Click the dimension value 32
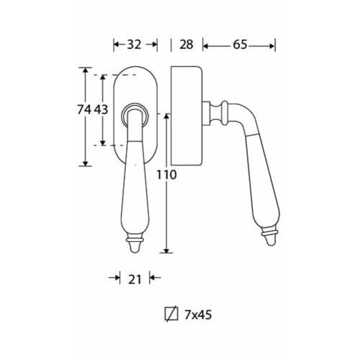(134, 45)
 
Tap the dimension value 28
(186, 45)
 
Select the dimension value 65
(240, 45)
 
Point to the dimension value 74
(84, 109)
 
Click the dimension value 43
(101, 109)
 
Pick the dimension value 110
(166, 175)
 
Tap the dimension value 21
(135, 279)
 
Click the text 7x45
(198, 315)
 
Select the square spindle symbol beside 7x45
(171, 314)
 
